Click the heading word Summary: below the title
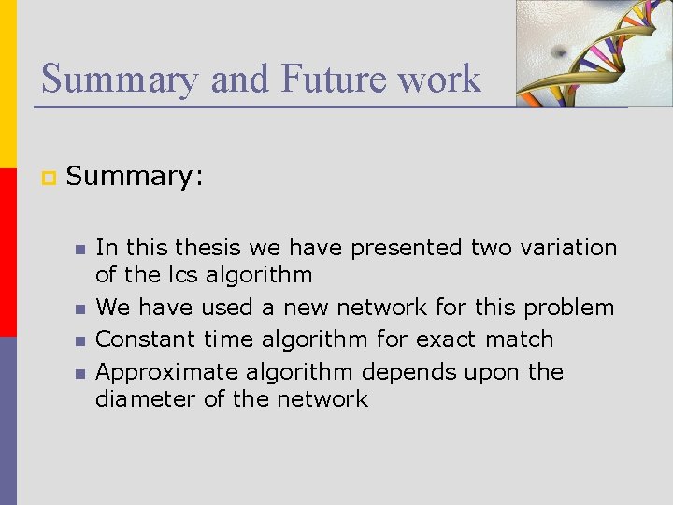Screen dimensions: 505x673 [135, 176]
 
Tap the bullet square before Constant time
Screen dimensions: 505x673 [79, 340]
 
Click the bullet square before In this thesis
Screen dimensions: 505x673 [79, 250]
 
